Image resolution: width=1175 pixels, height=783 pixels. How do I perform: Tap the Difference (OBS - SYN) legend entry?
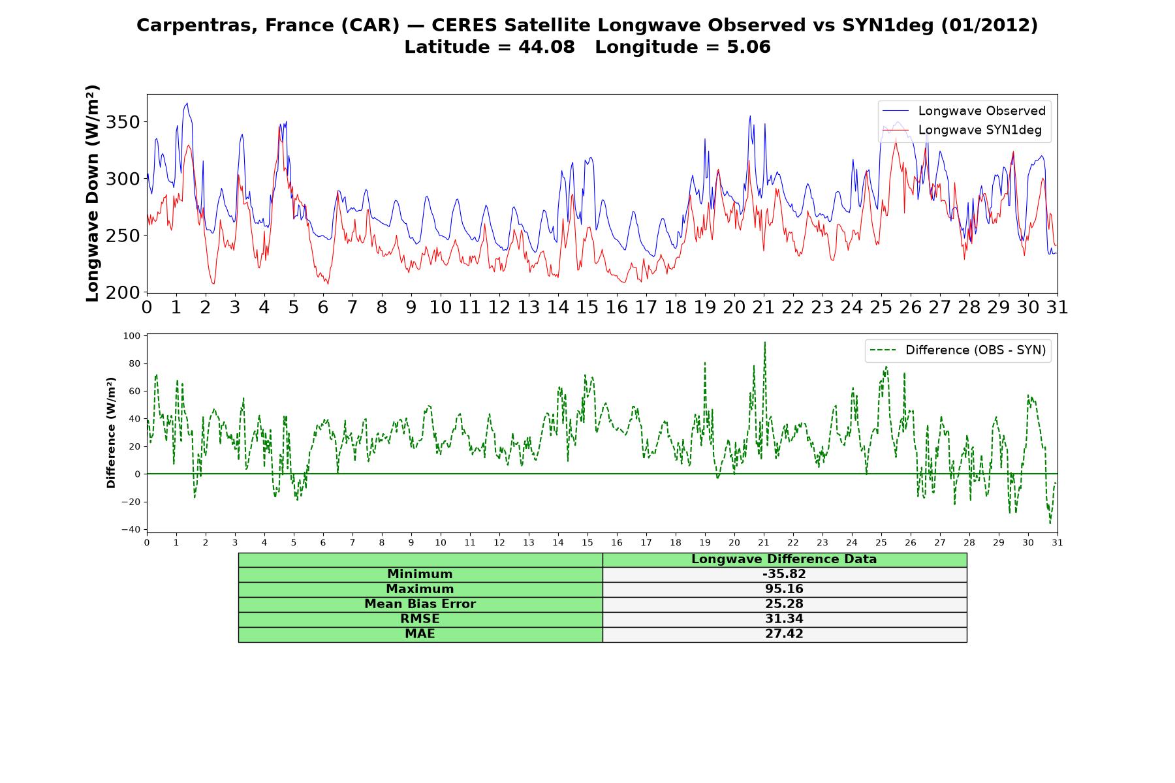click(x=958, y=350)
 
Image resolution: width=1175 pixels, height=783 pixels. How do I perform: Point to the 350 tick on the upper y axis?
click(x=122, y=123)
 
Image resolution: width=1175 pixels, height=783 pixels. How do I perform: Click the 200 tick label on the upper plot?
click(x=122, y=292)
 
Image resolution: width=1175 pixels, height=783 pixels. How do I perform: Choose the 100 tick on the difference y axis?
click(x=132, y=336)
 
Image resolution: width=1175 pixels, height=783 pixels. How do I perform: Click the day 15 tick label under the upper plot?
click(x=587, y=307)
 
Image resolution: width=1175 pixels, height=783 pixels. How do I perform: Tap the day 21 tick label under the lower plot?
click(x=764, y=542)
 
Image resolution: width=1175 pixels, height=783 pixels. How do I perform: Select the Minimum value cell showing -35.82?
click(x=784, y=574)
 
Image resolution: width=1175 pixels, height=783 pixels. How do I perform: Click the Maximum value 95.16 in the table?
click(x=784, y=589)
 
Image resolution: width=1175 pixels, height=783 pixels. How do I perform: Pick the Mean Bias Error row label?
click(x=420, y=604)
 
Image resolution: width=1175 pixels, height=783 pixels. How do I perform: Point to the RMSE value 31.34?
click(x=784, y=619)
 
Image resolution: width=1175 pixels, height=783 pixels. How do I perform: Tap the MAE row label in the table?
click(x=420, y=634)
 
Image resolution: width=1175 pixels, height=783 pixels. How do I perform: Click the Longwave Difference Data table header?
click(x=784, y=559)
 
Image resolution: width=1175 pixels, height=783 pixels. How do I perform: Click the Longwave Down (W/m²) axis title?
click(x=93, y=193)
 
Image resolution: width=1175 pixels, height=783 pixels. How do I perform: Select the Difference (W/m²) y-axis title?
click(x=111, y=433)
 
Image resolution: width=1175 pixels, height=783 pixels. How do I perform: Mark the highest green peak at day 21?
click(x=764, y=342)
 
